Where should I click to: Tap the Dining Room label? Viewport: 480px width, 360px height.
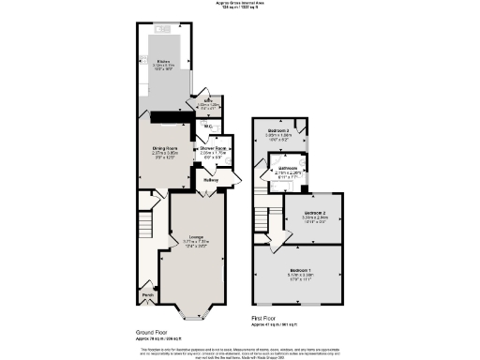point(166,148)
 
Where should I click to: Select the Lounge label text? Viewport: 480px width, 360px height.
point(196,237)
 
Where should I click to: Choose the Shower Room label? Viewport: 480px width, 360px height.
point(213,148)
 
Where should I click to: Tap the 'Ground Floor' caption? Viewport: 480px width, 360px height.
point(151,332)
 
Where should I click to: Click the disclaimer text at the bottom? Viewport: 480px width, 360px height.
point(240,351)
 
